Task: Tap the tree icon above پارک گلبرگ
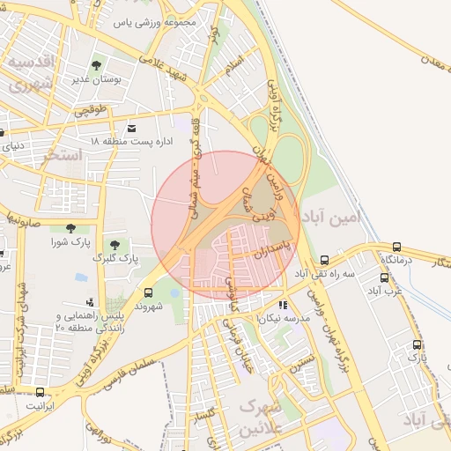coord(114,244)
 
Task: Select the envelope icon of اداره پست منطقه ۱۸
coord(132,128)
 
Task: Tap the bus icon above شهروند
coord(147,292)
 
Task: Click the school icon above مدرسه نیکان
coord(283,305)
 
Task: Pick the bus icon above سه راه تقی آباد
coord(325,260)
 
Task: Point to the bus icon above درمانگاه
coord(396,248)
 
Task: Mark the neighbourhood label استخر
coord(63,155)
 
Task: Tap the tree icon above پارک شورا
coord(70,228)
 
